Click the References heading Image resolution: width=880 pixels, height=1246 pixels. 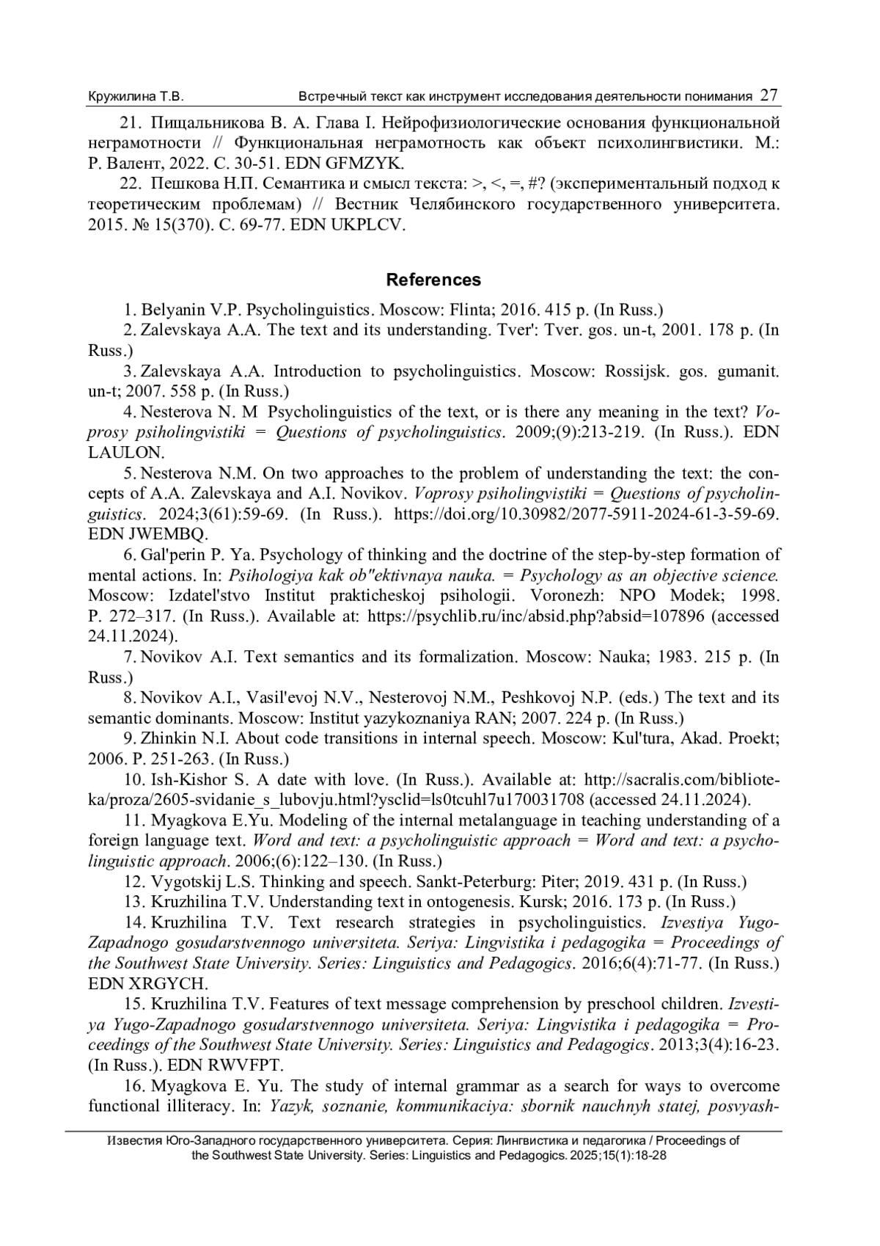433,280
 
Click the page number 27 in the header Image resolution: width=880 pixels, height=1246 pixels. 769,95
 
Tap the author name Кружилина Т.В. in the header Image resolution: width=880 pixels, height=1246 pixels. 136,97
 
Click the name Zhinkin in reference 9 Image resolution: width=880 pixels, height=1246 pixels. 167,738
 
